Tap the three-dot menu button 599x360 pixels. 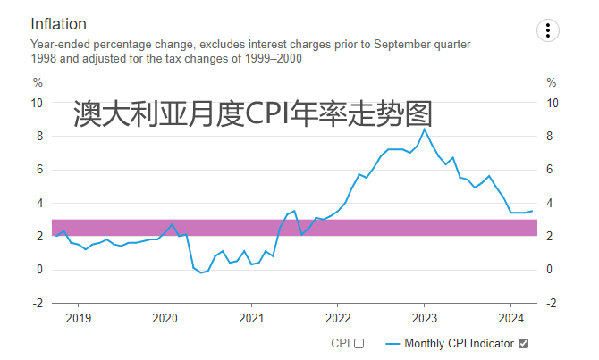547,30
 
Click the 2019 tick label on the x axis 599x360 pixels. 79,318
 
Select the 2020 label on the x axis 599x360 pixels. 165,318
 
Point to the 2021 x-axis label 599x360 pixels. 251,318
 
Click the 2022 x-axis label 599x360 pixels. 338,318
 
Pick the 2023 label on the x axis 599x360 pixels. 424,318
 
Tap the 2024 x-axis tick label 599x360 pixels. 510,318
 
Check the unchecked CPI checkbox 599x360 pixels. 359,343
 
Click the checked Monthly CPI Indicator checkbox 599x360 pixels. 524,343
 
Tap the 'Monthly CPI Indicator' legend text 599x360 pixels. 460,343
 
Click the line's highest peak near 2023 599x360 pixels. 424,130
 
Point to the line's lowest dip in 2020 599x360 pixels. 201,273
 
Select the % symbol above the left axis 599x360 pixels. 38,82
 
